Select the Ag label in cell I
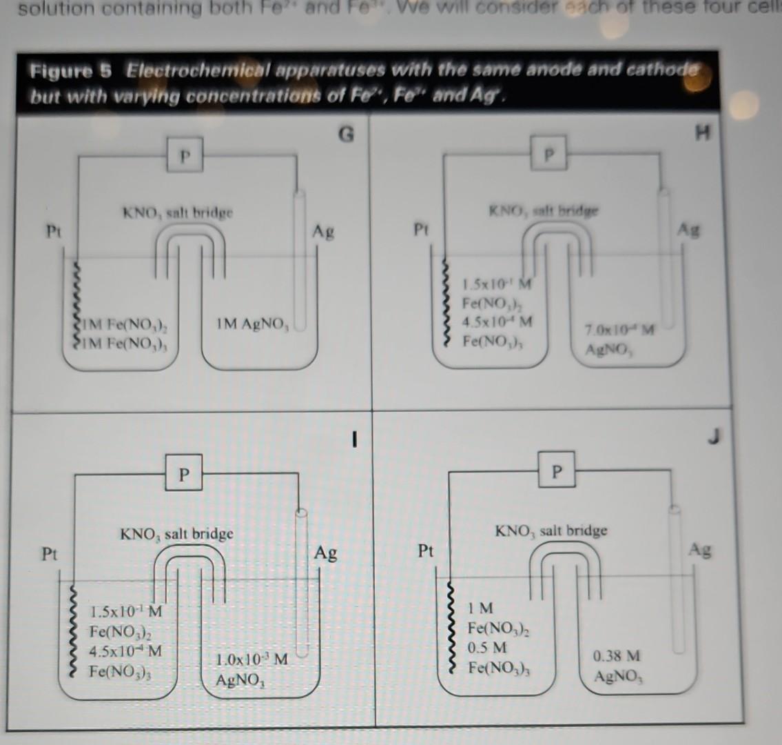pyautogui.click(x=326, y=553)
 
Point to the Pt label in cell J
pyautogui.click(x=426, y=550)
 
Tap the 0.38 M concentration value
pyautogui.click(x=617, y=656)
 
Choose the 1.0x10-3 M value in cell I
pyautogui.click(x=251, y=660)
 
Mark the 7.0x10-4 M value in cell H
pyautogui.click(x=617, y=330)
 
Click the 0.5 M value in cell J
pyautogui.click(x=487, y=648)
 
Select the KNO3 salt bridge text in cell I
pyautogui.click(x=177, y=534)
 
